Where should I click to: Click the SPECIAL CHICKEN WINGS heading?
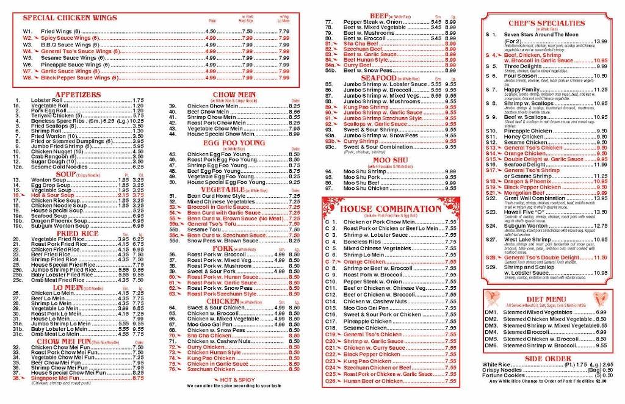[70, 18]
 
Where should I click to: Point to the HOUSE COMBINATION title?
[391, 209]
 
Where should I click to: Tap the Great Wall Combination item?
[537, 198]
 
